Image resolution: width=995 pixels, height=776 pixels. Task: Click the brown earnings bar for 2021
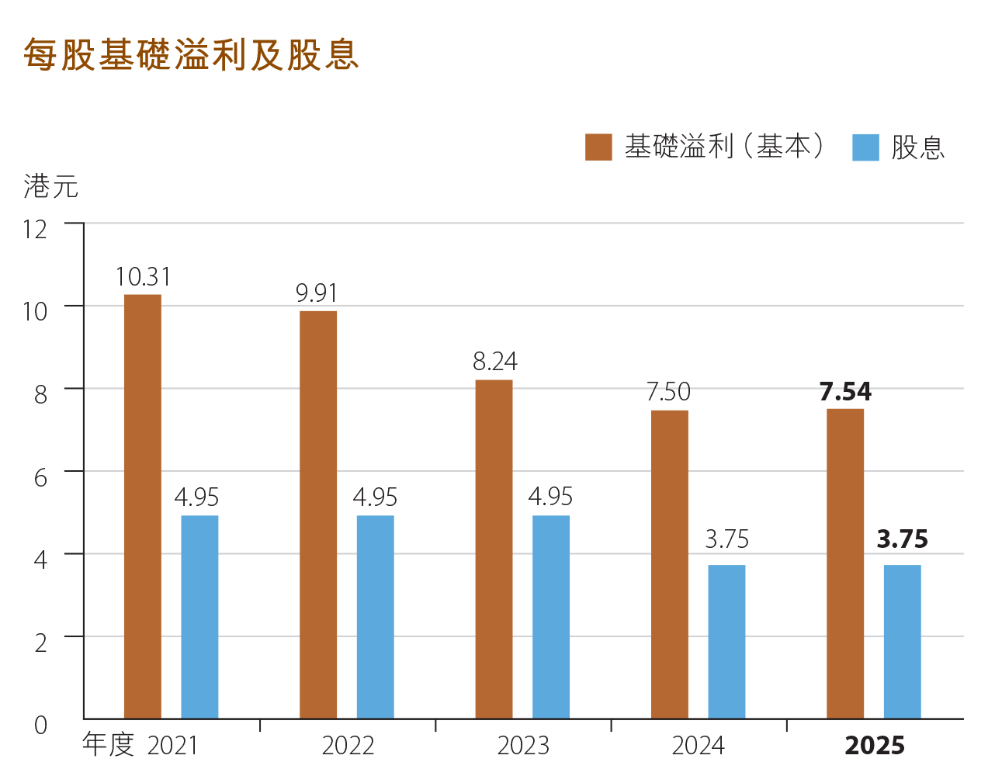pyautogui.click(x=143, y=506)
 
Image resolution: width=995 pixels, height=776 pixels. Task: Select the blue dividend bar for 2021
pyautogui.click(x=199, y=617)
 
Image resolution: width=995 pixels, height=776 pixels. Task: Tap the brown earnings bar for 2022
pyautogui.click(x=318, y=514)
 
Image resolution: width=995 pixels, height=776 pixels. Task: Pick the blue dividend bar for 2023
pyautogui.click(x=551, y=617)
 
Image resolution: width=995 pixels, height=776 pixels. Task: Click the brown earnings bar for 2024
pyautogui.click(x=670, y=564)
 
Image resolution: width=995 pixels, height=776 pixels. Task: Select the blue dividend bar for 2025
pyautogui.click(x=902, y=642)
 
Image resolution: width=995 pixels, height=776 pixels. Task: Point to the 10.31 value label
pyautogui.click(x=143, y=277)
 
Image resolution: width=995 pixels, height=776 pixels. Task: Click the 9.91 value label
pyautogui.click(x=317, y=293)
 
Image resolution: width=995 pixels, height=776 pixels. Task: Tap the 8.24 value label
pyautogui.click(x=494, y=362)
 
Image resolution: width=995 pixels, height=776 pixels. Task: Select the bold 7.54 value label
pyautogui.click(x=845, y=392)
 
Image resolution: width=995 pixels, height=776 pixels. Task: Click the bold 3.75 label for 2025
pyautogui.click(x=902, y=539)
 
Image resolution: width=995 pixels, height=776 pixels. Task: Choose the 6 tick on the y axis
pyautogui.click(x=40, y=476)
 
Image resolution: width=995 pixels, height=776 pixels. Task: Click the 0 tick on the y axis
pyautogui.click(x=40, y=725)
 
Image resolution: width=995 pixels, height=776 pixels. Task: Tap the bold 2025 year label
pyautogui.click(x=875, y=746)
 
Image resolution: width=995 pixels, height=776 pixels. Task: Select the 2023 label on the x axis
pyautogui.click(x=523, y=746)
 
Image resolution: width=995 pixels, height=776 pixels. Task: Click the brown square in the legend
pyautogui.click(x=598, y=147)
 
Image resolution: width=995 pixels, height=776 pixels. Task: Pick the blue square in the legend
pyautogui.click(x=865, y=147)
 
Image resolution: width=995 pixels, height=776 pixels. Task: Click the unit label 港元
pyautogui.click(x=51, y=186)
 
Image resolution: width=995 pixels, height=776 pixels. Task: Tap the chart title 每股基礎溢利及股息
pyautogui.click(x=192, y=54)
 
